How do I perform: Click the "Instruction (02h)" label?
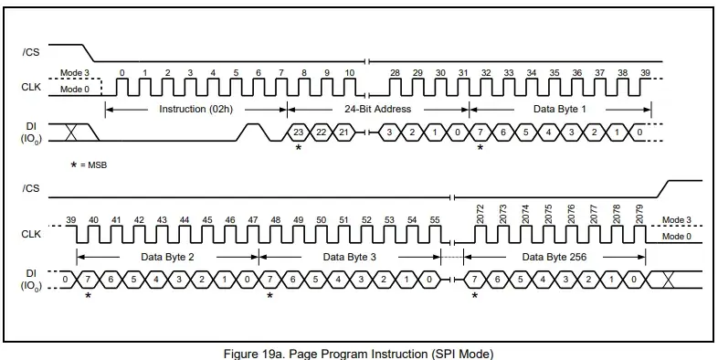tap(196, 109)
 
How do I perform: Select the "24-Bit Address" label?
tap(378, 109)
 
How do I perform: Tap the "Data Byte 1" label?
tap(560, 109)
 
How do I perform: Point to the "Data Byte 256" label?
tap(554, 257)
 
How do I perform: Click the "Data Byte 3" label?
tap(349, 257)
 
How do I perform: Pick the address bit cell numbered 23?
tap(298, 132)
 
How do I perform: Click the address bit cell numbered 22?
tap(321, 132)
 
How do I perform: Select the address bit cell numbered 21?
tap(343, 132)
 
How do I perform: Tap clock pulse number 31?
tap(464, 87)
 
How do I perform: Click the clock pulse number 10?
tap(350, 87)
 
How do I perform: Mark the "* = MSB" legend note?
tap(89, 164)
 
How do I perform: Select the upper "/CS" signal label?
tap(31, 52)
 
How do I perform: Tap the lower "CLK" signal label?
tap(31, 234)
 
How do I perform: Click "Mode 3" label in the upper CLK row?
tap(72, 73)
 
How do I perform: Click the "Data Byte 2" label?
tap(167, 257)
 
